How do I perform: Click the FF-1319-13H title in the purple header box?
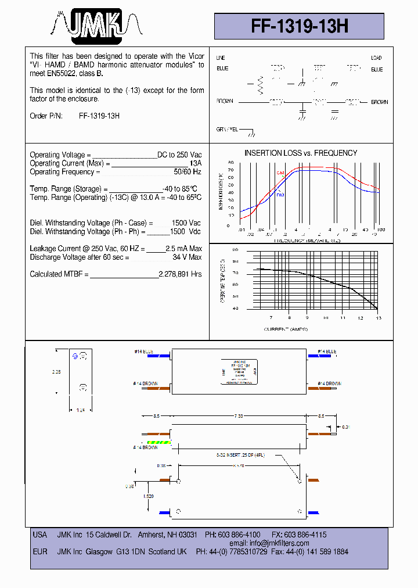300,26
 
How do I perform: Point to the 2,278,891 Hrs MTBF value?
180,274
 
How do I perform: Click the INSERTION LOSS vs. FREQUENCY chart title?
300,153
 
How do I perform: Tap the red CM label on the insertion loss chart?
280,173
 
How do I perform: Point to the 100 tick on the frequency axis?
380,230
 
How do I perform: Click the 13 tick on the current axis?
379,318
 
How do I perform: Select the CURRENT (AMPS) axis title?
286,329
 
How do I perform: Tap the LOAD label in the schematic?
376,58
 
